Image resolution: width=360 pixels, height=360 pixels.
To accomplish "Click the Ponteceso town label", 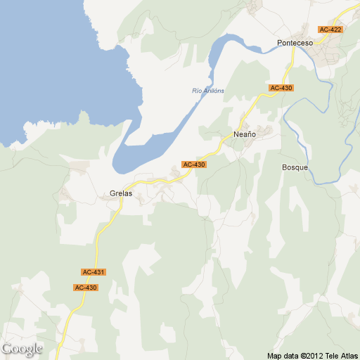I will click(x=295, y=43).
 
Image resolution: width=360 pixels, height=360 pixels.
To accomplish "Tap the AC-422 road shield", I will click(x=330, y=30).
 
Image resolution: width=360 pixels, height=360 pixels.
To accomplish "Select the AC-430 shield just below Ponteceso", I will click(x=281, y=88).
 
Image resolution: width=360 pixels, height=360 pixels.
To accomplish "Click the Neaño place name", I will click(x=243, y=134).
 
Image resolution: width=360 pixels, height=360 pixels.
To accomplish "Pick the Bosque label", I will click(x=295, y=167).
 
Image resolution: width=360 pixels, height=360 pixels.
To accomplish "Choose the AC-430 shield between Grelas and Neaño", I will click(x=193, y=165).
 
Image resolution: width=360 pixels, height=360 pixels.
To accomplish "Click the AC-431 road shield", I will click(x=94, y=272).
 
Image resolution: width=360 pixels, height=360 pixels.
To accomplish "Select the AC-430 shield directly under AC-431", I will click(x=86, y=288).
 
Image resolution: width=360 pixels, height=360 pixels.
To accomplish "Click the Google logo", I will click(x=22, y=349).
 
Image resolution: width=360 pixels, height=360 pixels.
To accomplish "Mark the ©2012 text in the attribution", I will click(x=311, y=356).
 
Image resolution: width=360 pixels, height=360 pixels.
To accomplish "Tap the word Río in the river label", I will click(x=197, y=91).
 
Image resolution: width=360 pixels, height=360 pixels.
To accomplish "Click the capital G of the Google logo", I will click(x=7, y=349).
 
